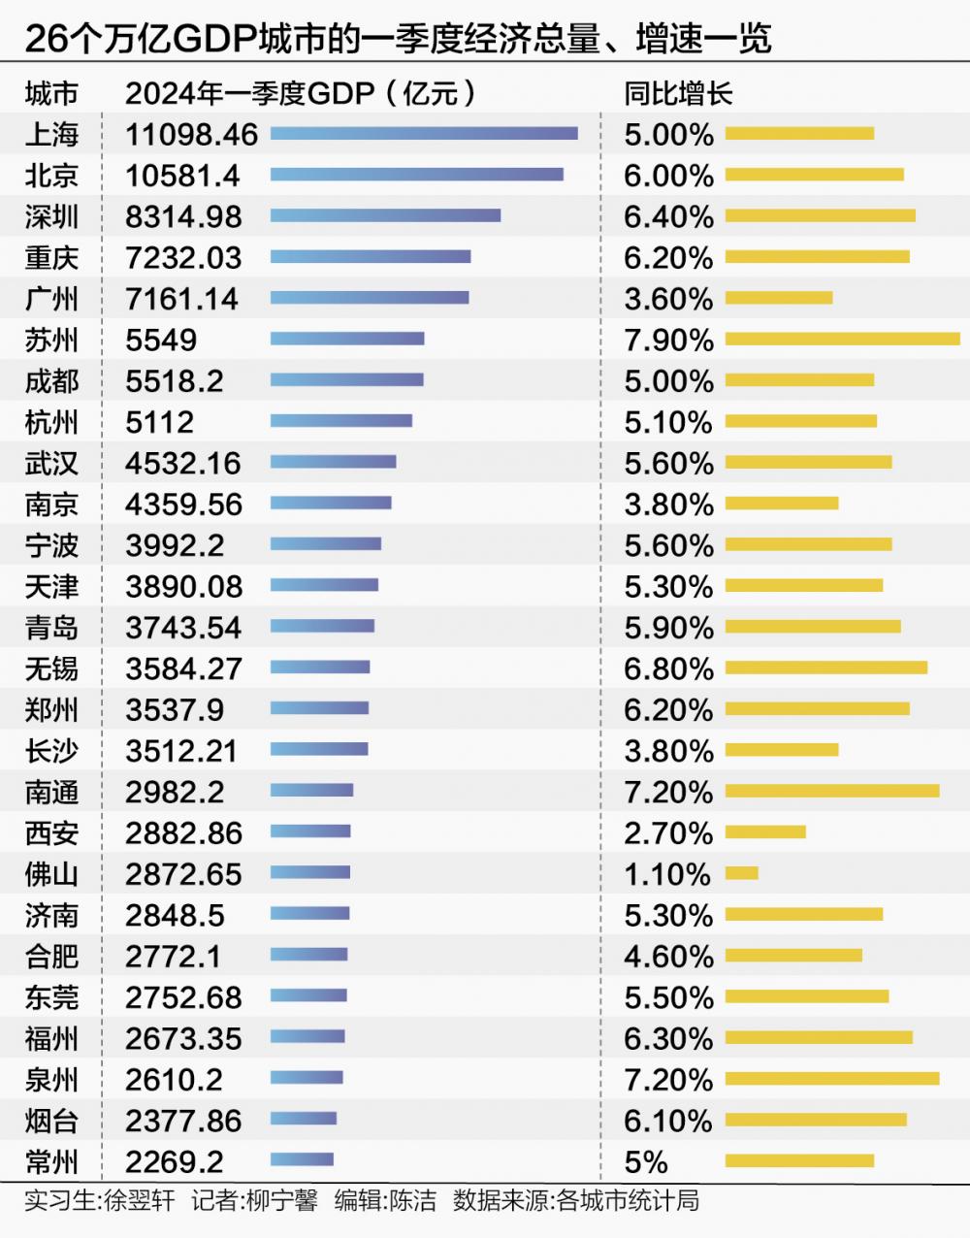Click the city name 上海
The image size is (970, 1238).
(x=51, y=134)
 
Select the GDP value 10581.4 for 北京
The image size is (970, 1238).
(x=182, y=176)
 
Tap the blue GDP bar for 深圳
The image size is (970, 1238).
(x=385, y=215)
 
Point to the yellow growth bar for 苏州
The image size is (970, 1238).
(x=842, y=339)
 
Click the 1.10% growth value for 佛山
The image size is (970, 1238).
(x=667, y=874)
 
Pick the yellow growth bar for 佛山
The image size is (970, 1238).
(x=742, y=873)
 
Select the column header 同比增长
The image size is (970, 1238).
(x=678, y=93)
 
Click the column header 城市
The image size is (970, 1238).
(x=51, y=93)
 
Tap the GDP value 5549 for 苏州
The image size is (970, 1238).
(x=161, y=340)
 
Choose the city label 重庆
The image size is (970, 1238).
(x=51, y=257)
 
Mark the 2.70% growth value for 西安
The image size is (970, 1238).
(x=668, y=833)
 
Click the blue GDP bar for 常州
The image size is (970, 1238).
(x=302, y=1159)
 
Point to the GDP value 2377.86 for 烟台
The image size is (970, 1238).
(x=183, y=1121)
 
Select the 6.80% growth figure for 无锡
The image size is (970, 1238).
(x=668, y=668)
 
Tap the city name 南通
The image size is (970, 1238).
(x=51, y=792)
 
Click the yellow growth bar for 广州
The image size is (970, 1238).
(x=779, y=298)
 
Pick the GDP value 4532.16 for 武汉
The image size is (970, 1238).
(x=183, y=463)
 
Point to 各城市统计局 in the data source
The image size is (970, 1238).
(x=628, y=1201)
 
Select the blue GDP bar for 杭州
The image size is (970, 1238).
(x=341, y=421)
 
